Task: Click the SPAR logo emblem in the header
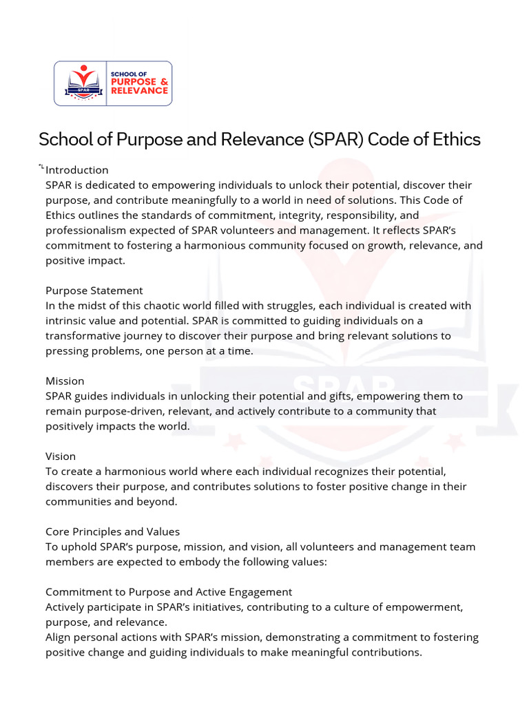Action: (81, 83)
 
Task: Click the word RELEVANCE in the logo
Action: (139, 91)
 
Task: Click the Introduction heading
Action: (77, 170)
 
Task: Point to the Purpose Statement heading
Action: (94, 291)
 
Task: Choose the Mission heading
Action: (65, 381)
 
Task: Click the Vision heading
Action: (61, 456)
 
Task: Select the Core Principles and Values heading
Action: (112, 532)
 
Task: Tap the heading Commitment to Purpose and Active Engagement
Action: (169, 592)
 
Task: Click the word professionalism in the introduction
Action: (81, 230)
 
